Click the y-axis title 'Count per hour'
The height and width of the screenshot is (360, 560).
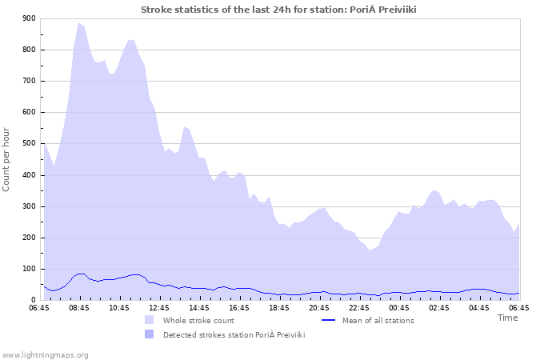coord(7,159)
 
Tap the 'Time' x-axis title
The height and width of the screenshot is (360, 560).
coord(507,318)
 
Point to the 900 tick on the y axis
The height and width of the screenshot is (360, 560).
coord(29,18)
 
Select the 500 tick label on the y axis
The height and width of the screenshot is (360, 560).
coord(29,144)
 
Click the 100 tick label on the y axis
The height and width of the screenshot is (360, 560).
coord(29,270)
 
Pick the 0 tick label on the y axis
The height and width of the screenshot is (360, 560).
coord(33,301)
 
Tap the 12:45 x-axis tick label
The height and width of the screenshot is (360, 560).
coord(159,307)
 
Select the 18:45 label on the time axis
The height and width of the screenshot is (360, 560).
coord(279,307)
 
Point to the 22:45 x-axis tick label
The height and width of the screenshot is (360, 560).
coord(359,307)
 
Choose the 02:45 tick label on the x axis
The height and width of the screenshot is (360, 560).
coord(439,307)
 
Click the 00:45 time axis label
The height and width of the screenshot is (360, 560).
coord(399,307)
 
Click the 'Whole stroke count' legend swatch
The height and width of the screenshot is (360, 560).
coord(150,321)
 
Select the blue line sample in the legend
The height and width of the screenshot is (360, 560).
coord(327,321)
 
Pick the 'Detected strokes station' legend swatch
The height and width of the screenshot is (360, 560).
coord(150,335)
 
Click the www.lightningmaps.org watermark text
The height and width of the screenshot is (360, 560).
coord(45,354)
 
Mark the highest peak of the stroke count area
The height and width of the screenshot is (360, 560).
coord(78,23)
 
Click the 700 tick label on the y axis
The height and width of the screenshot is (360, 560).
coord(29,81)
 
